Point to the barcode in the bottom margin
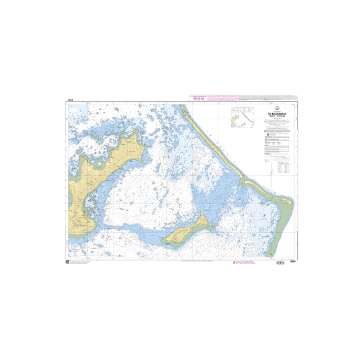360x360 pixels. point(282,262)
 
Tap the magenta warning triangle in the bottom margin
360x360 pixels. point(233,262)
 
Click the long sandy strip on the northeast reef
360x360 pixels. point(211,144)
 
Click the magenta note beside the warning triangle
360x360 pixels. point(246,262)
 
